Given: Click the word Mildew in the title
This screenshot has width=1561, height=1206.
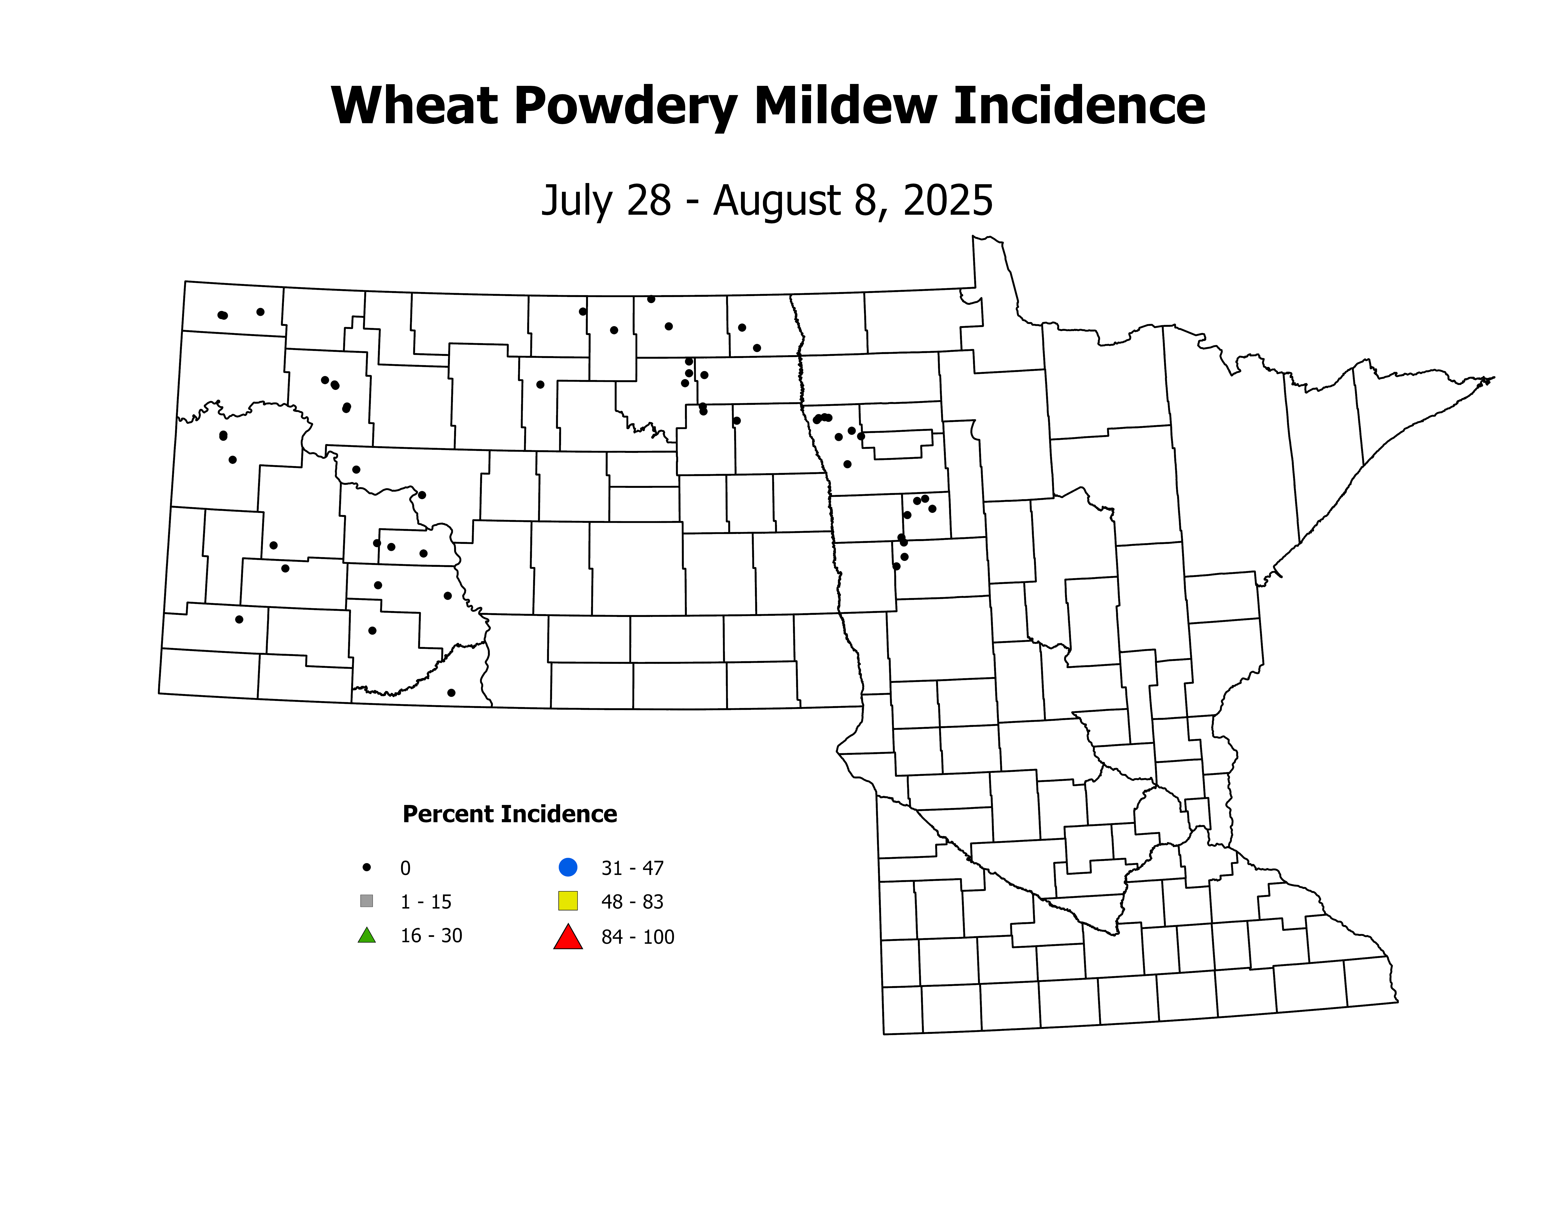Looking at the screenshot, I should pyautogui.click(x=845, y=106).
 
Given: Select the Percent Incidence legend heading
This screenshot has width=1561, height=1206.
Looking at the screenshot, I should pyautogui.click(x=510, y=814).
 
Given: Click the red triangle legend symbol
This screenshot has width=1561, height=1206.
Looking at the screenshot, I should pyautogui.click(x=568, y=937).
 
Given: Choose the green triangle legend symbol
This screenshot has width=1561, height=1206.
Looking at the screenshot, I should pyautogui.click(x=367, y=935).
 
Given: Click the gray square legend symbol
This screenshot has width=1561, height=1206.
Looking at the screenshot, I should pyautogui.click(x=367, y=901).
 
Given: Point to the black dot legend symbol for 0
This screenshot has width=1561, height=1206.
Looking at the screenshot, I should pyautogui.click(x=367, y=867).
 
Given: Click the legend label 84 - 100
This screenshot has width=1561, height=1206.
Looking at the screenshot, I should pyautogui.click(x=638, y=937).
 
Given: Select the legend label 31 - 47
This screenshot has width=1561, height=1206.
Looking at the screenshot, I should pyautogui.click(x=632, y=868).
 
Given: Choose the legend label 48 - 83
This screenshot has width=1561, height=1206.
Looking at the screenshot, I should pyautogui.click(x=632, y=902).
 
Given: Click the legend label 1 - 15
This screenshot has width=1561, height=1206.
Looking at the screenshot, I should pyautogui.click(x=426, y=902).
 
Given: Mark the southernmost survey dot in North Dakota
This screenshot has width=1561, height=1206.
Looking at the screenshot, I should pyautogui.click(x=451, y=692).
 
